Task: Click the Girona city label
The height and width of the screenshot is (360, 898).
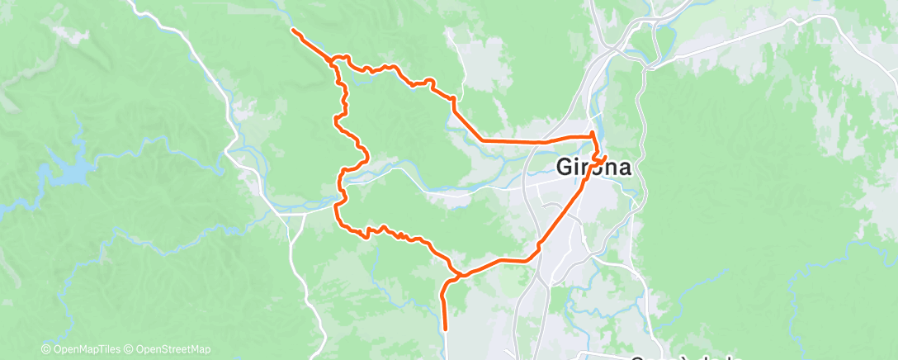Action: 593,167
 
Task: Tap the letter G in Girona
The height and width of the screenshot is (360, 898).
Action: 564,167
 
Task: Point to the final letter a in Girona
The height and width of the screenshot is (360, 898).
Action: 623,168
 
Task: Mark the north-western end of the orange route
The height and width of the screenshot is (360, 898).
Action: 293,31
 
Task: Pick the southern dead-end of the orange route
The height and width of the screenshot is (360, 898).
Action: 445,329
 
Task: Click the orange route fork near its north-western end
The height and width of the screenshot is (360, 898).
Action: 333,62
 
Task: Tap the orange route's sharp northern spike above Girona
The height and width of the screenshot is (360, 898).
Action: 592,132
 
